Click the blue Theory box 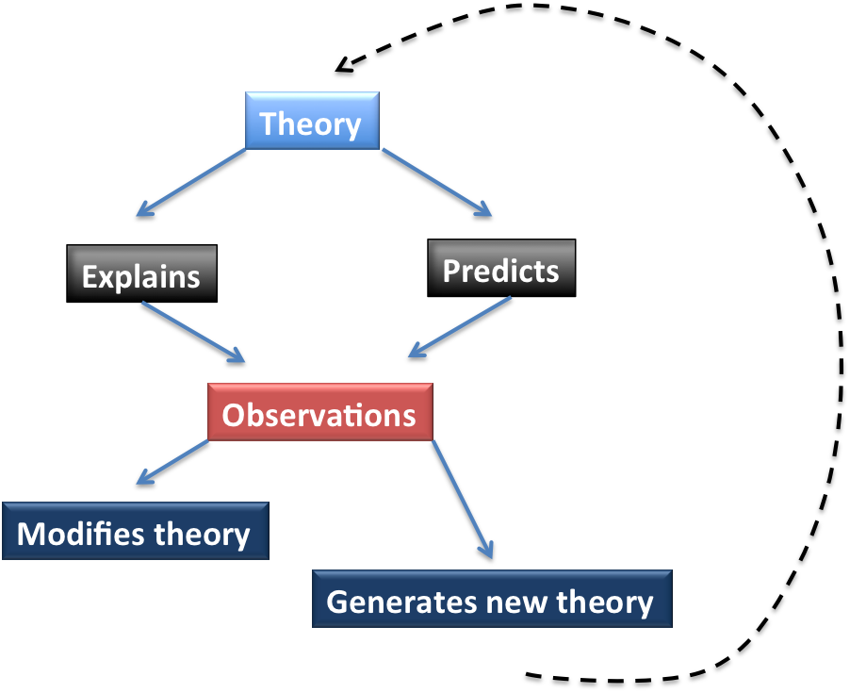[312, 121]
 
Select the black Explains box [141, 274]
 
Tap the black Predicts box [500, 270]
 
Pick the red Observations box [319, 413]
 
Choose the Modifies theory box [135, 533]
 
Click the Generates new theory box [491, 600]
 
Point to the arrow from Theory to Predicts [436, 183]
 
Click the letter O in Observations [233, 414]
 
